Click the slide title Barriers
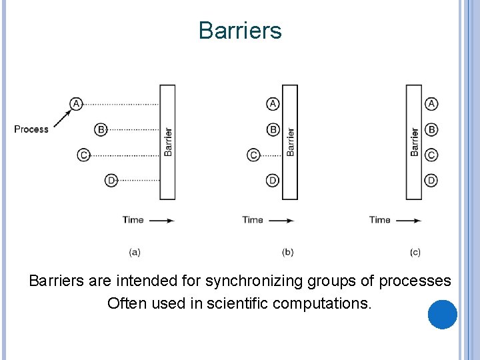pyautogui.click(x=240, y=31)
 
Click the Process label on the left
pyautogui.click(x=31, y=129)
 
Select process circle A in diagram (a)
pyautogui.click(x=76, y=103)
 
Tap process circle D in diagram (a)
pyautogui.click(x=111, y=181)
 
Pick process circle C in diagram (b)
pyautogui.click(x=253, y=155)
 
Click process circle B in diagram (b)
pyautogui.click(x=273, y=129)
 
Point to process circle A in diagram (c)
pyautogui.click(x=431, y=103)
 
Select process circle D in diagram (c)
pyautogui.click(x=431, y=181)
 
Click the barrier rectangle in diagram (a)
pyautogui.click(x=167, y=141)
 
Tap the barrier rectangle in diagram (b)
pyautogui.click(x=290, y=141)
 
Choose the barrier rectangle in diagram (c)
pyautogui.click(x=414, y=141)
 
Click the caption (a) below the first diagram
pyautogui.click(x=134, y=252)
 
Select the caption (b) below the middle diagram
pyautogui.click(x=288, y=252)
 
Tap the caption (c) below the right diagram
pyautogui.click(x=415, y=252)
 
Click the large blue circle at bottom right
pyautogui.click(x=442, y=315)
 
